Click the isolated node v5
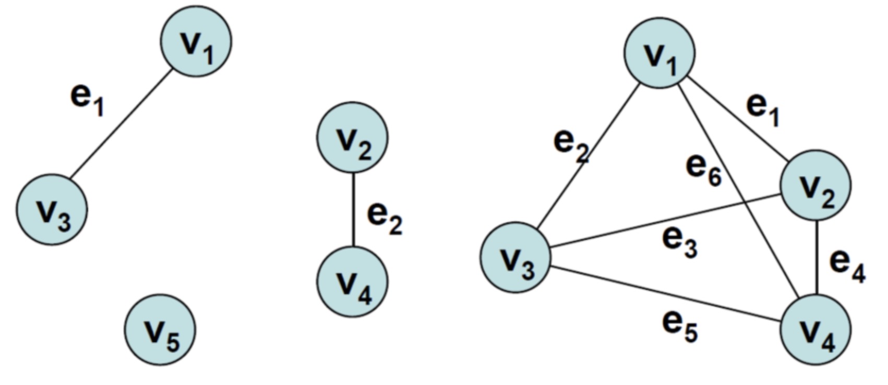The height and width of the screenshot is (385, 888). (x=160, y=329)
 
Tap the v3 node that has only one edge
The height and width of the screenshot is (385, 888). (x=52, y=210)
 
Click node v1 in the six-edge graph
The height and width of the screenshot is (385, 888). (x=659, y=53)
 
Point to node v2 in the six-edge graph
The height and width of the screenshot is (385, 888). (x=815, y=185)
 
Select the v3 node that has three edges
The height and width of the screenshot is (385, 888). (x=515, y=258)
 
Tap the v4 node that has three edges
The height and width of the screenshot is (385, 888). (x=815, y=329)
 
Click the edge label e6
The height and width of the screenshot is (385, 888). (x=703, y=170)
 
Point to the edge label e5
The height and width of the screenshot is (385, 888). (x=680, y=326)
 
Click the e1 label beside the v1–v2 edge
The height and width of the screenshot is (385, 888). (x=763, y=109)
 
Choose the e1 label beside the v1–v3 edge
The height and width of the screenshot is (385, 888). (x=87, y=99)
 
